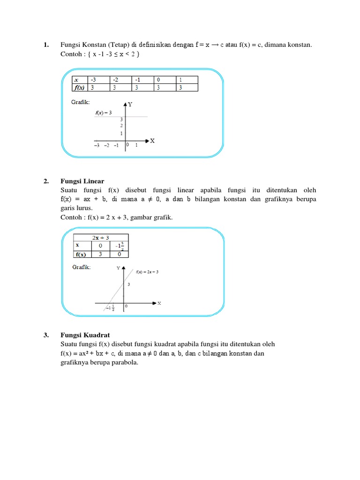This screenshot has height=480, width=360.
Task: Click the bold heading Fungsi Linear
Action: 82,181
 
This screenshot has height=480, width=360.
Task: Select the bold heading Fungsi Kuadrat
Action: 85,335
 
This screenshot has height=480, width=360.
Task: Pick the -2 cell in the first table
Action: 120,80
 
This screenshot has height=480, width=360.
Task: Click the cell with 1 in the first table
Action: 187,80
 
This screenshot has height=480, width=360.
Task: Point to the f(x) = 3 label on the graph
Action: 103,113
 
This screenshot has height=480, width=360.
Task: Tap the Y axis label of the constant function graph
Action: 130,105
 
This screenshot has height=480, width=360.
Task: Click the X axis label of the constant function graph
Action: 152,141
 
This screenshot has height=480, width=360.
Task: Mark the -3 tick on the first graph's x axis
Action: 96,145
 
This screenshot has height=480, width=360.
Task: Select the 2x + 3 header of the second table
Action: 100,238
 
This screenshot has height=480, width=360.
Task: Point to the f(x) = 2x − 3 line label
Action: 147,272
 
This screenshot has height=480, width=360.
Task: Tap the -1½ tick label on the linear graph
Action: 110,308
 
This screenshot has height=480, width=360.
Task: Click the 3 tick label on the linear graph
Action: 128,285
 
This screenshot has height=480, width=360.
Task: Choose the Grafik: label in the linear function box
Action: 81,267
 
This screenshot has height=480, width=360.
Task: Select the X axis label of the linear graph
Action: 159,303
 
